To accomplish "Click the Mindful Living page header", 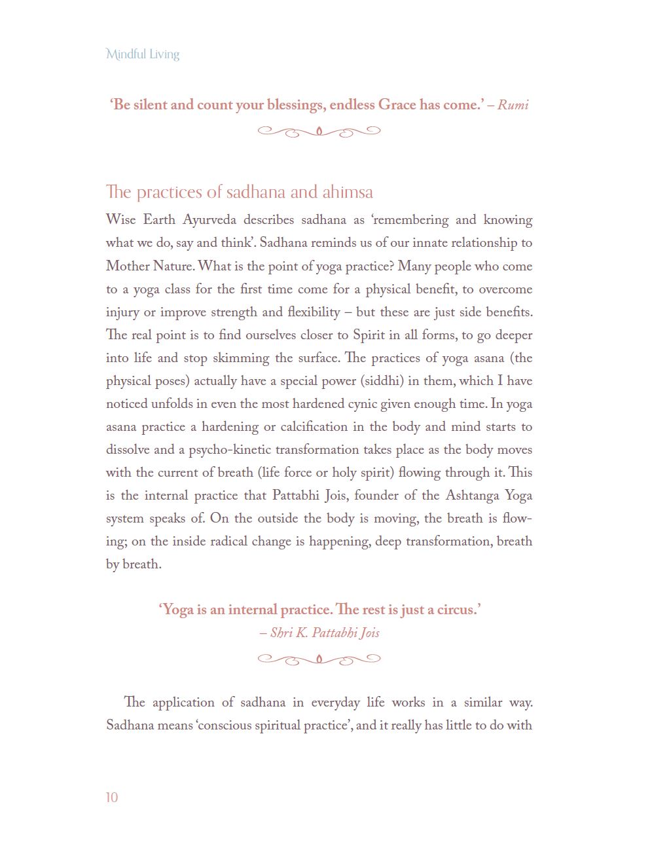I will (x=143, y=54).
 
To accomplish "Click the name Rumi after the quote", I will (x=513, y=105).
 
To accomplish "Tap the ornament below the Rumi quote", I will (x=319, y=132).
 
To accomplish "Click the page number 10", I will (x=112, y=797).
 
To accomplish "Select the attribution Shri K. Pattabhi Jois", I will (x=325, y=633).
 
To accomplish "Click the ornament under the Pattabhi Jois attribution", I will (x=319, y=659).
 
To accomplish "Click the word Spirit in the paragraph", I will (x=369, y=335).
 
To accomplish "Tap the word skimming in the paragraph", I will (x=241, y=358).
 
